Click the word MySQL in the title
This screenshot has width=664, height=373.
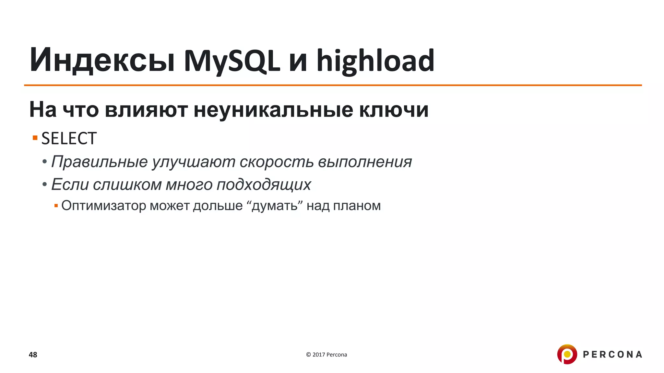[x=231, y=61]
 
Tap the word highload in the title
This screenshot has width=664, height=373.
[x=375, y=61]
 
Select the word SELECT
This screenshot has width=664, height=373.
[x=69, y=139]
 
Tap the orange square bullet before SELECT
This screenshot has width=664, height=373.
[x=35, y=138]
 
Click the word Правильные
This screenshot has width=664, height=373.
[x=100, y=162]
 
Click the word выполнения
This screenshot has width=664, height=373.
[x=365, y=162]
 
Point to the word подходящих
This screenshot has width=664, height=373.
[x=264, y=185]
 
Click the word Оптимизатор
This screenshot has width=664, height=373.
[x=104, y=206]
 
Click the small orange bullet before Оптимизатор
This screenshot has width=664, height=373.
[x=56, y=206]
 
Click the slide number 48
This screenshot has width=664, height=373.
[x=33, y=355]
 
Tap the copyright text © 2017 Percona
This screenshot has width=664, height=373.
[x=326, y=355]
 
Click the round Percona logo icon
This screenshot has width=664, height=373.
[x=567, y=354]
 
